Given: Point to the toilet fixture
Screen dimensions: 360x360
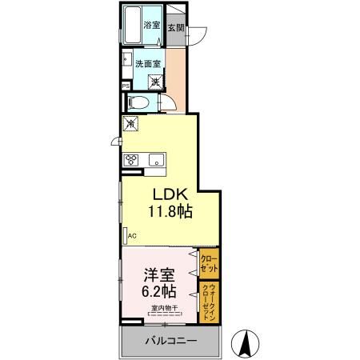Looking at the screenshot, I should coord(138,102).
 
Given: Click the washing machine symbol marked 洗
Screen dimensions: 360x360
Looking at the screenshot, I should coord(157,81).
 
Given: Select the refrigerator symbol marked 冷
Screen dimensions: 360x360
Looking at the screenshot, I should coord(131,125).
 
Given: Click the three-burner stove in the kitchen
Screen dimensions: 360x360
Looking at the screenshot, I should coord(132,158).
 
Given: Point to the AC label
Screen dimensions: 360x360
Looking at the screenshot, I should coord(131,236).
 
